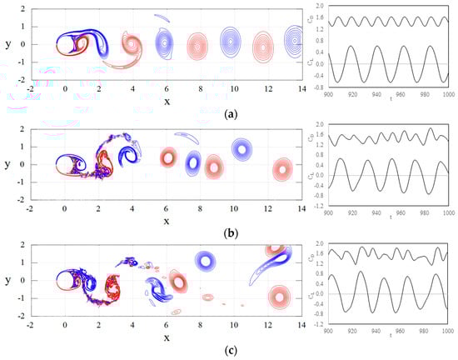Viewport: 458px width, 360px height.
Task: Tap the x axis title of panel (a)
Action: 167,102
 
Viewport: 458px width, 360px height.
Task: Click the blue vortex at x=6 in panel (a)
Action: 166,40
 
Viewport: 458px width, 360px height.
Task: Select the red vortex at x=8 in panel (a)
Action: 197,44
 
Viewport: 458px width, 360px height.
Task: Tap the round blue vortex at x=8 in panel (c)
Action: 203,261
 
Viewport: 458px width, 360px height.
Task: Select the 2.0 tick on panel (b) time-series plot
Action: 321,126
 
